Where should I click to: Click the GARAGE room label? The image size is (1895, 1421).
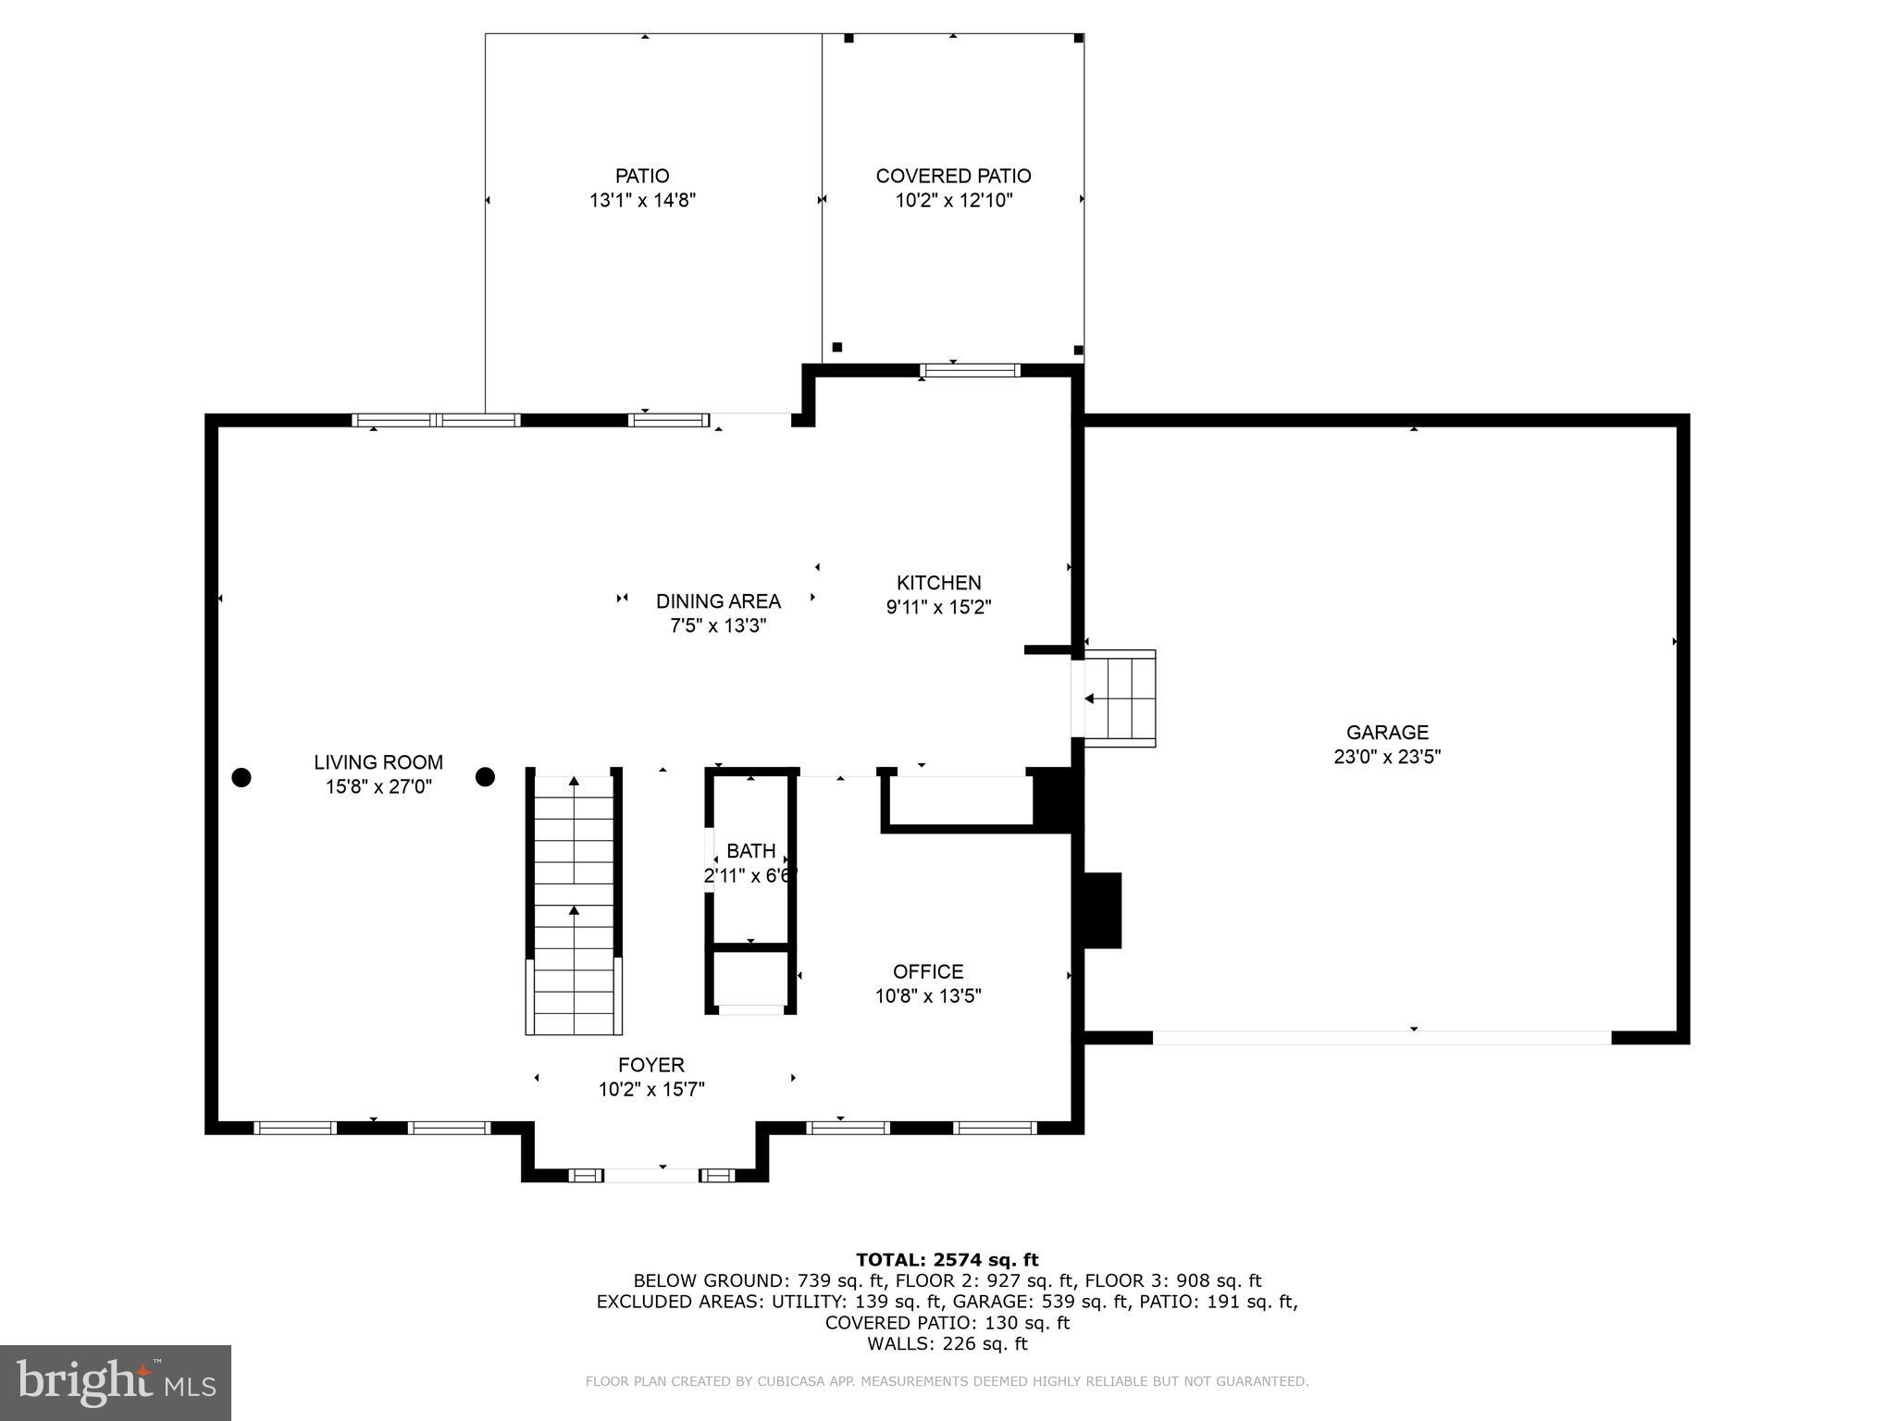point(1386,732)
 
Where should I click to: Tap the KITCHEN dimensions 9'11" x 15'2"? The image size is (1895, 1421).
point(938,608)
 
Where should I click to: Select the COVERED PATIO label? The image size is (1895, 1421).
point(953,176)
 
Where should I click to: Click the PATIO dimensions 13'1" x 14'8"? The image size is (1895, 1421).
point(642,200)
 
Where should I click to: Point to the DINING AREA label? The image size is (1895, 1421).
point(718,601)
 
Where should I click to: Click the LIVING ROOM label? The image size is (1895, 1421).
point(378,762)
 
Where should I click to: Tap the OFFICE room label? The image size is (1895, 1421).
point(928,971)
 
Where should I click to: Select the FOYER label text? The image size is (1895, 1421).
point(651,1065)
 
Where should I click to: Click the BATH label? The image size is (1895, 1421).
point(750,851)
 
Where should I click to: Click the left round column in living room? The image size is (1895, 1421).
point(242,777)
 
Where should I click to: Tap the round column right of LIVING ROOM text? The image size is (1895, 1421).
point(485,777)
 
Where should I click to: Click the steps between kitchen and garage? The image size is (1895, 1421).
point(1120,698)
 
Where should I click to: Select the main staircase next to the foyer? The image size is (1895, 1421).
point(574,902)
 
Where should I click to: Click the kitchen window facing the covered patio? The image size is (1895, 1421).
point(970,370)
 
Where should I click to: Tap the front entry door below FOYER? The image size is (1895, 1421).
point(651,1175)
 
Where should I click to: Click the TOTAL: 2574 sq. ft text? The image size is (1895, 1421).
point(947,1259)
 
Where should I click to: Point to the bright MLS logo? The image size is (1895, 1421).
point(116,1382)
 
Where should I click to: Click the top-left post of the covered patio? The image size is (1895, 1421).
point(848,38)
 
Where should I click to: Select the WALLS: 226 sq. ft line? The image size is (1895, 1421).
point(947,1343)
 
